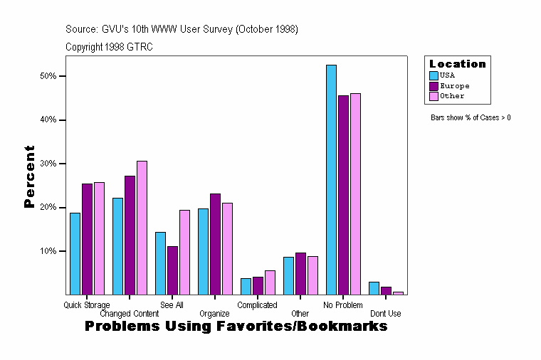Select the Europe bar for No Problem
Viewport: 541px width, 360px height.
(x=343, y=195)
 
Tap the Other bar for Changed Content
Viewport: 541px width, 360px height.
(x=142, y=228)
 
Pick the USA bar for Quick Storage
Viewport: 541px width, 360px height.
(x=75, y=253)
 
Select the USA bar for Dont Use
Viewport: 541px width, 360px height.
(x=374, y=288)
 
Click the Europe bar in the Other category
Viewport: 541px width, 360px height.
(x=300, y=273)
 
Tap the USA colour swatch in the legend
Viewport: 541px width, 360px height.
(x=434, y=75)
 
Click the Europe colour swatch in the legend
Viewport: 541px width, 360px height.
(x=434, y=85)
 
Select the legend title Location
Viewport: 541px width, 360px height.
(x=457, y=64)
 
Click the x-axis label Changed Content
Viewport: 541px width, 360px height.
(x=130, y=314)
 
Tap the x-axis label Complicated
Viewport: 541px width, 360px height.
(x=257, y=305)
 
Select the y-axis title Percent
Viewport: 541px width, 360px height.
(x=29, y=176)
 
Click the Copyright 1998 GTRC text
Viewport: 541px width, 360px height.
(x=109, y=47)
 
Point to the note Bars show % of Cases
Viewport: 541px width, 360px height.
(x=471, y=117)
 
